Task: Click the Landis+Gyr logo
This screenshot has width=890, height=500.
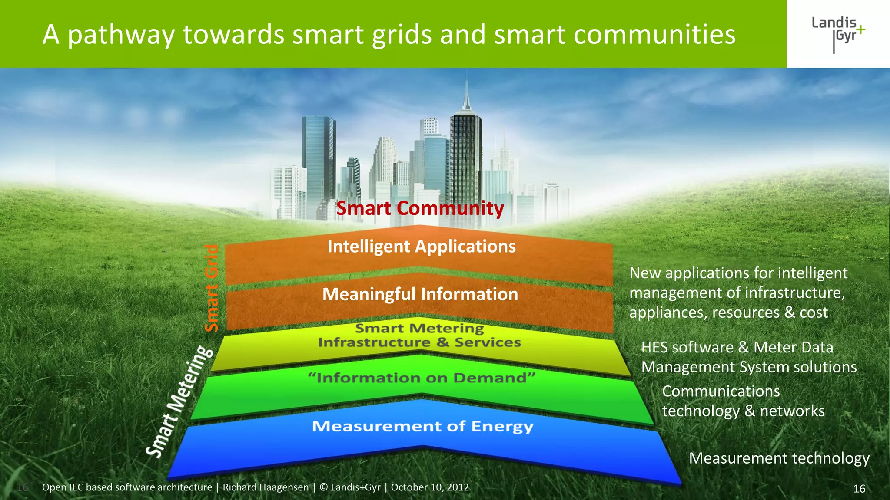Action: click(x=838, y=34)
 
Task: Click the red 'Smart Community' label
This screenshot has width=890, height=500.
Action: click(x=420, y=208)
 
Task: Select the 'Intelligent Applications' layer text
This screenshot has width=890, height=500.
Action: click(x=422, y=247)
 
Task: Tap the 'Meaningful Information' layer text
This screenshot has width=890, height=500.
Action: click(x=420, y=294)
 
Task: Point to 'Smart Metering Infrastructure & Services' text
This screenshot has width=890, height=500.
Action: click(x=419, y=336)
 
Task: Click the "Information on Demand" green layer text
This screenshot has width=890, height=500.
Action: click(x=422, y=378)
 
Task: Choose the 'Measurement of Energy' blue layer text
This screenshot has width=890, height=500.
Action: click(x=422, y=426)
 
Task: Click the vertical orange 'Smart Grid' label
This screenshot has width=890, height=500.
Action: click(x=212, y=288)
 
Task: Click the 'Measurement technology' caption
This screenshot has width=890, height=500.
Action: click(x=779, y=458)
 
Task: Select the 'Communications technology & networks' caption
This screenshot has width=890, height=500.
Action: click(x=743, y=401)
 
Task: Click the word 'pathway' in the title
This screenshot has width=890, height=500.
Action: click(x=121, y=35)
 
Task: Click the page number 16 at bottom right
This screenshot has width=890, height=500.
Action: click(x=859, y=489)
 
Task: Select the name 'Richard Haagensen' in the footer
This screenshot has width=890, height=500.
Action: click(x=266, y=487)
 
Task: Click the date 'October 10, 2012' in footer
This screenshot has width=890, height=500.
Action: click(x=430, y=487)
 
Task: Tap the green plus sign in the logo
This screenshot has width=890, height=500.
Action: click(x=860, y=30)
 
